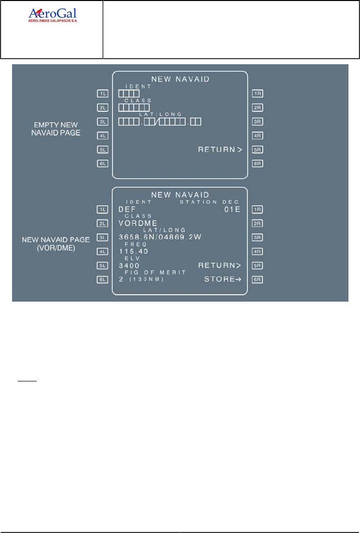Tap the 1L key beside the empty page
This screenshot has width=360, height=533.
tap(103, 93)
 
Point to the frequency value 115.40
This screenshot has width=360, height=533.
tap(130, 251)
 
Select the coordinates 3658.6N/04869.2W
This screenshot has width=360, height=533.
tap(160, 237)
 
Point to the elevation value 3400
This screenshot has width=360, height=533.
tap(129, 265)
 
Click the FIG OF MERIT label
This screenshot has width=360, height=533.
tap(156, 272)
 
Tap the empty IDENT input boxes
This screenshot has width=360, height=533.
tap(129, 93)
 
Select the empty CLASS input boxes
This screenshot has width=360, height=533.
tap(134, 107)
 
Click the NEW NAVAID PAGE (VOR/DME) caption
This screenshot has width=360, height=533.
tap(56, 243)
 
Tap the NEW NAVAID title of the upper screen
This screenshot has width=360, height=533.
tap(180, 79)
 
